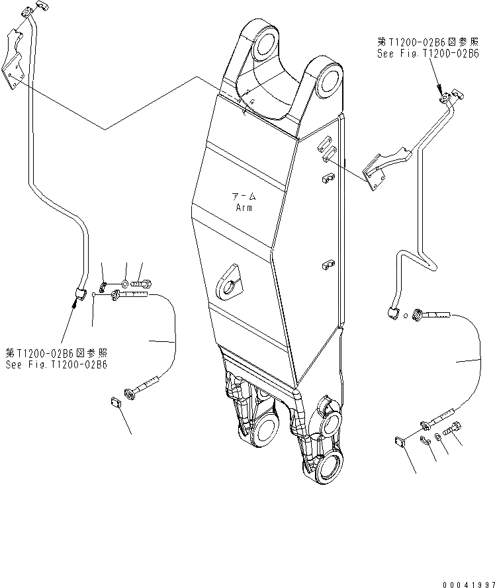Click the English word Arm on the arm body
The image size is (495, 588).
[244, 207]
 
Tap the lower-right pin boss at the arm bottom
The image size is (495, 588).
[328, 470]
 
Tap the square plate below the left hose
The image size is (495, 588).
[114, 402]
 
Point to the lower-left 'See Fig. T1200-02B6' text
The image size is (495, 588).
[56, 364]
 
